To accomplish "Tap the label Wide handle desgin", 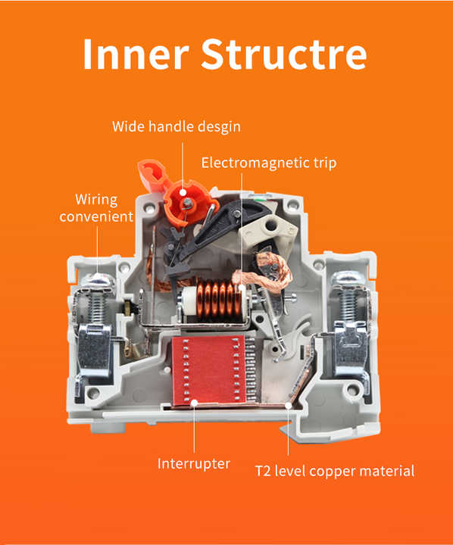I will tap(176, 126).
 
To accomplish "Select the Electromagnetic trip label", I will tap(269, 162).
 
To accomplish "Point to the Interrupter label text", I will tap(193, 462).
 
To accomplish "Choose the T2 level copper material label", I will tap(335, 471).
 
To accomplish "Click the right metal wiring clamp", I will tap(351, 348).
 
